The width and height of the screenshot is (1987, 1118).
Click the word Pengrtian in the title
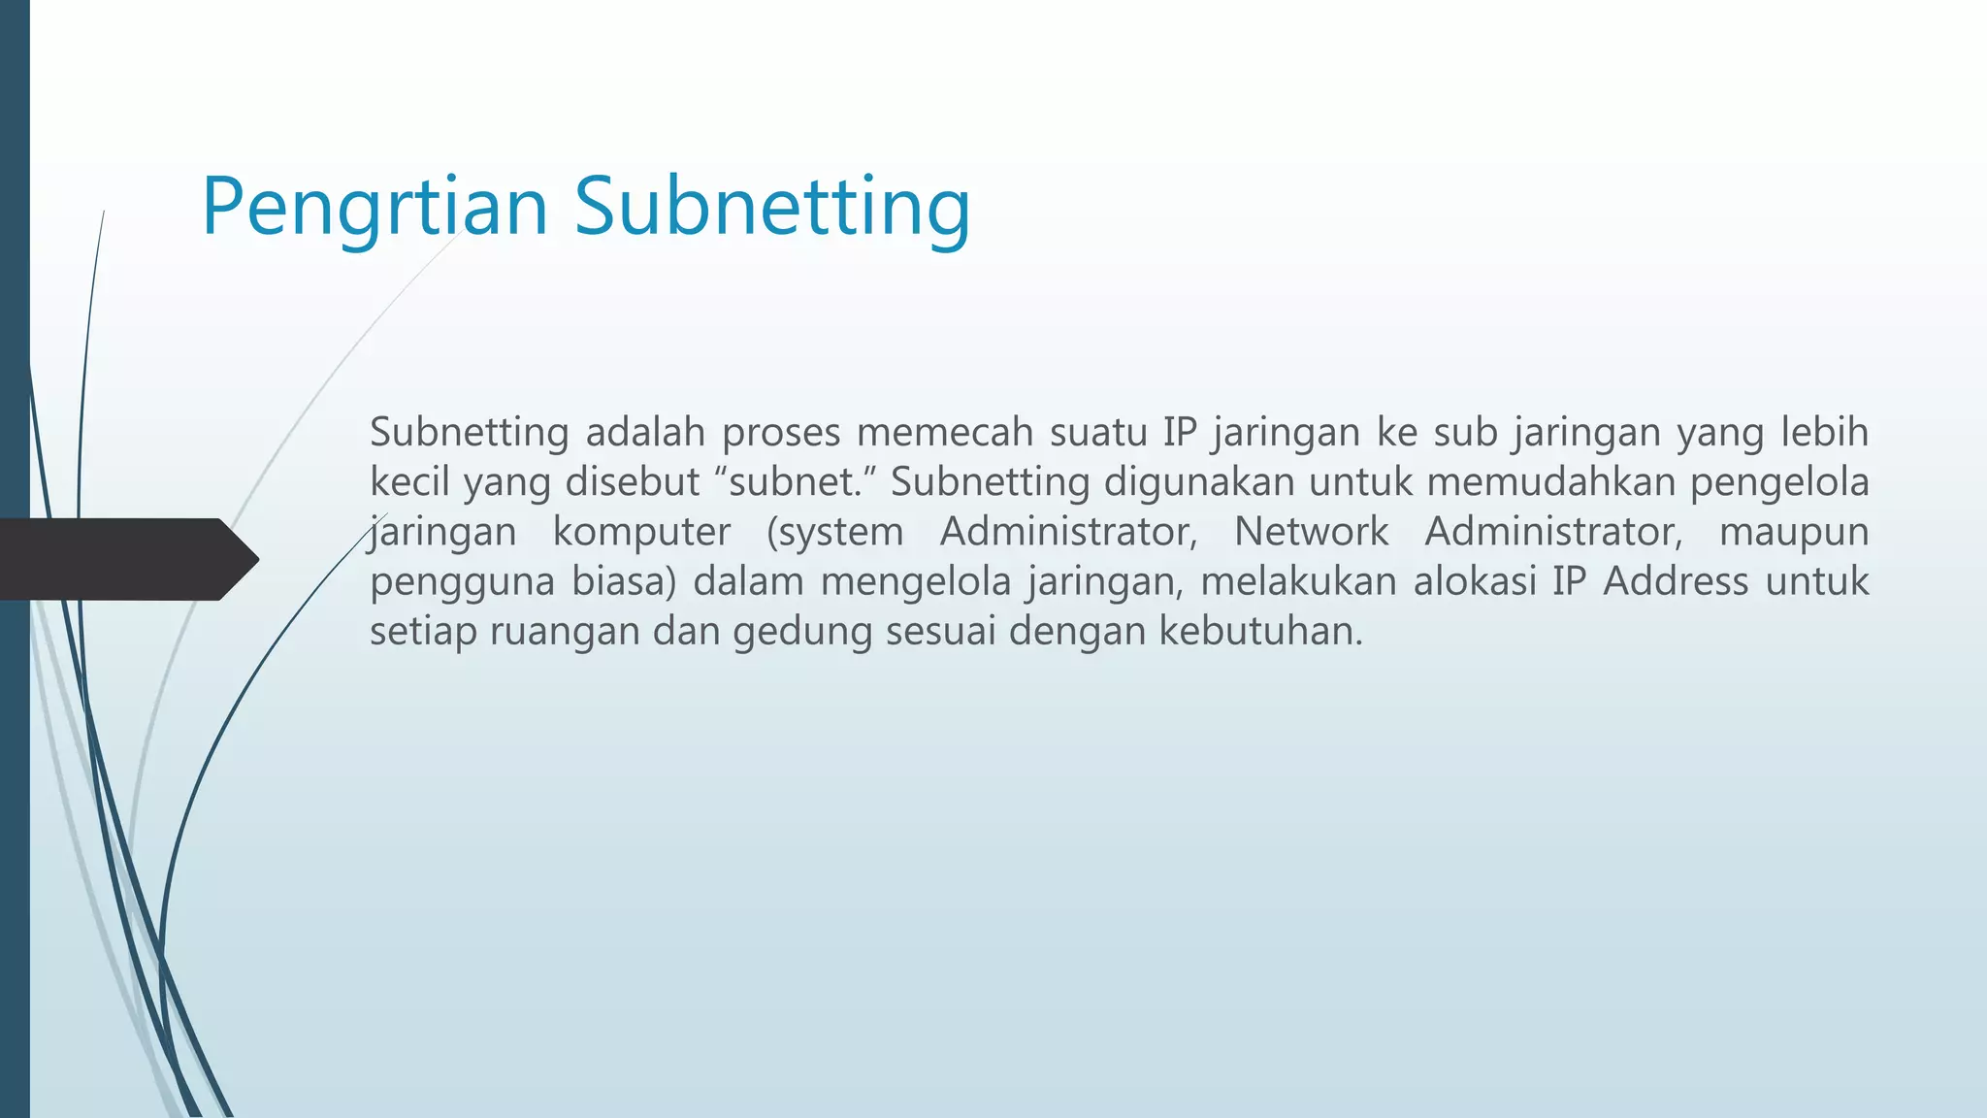click(375, 207)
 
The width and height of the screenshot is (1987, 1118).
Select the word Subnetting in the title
click(771, 207)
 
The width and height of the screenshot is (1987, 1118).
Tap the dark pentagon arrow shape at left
click(126, 559)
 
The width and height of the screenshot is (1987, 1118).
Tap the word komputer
click(641, 532)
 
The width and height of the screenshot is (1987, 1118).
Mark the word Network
click(1311, 532)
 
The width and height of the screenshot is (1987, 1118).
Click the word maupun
click(1793, 532)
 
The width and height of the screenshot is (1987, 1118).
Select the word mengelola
click(916, 582)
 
